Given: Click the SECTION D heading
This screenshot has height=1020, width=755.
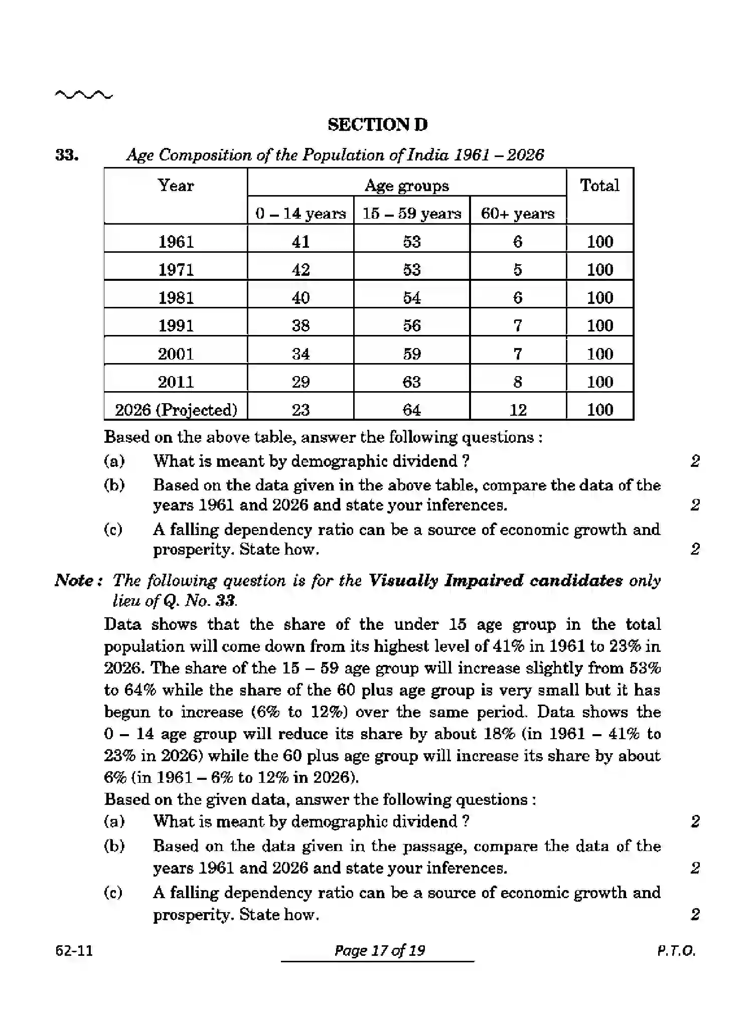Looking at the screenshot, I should tap(377, 124).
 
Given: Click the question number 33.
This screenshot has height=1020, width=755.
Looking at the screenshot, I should tap(67, 155).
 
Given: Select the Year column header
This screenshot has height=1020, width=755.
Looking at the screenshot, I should tap(175, 186).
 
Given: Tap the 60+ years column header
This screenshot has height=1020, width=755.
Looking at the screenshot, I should tap(517, 214).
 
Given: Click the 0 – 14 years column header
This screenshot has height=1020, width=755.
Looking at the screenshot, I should tap(300, 214).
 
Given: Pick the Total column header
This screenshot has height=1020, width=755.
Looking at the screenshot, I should tap(599, 186).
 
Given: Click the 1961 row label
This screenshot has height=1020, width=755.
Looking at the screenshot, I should tap(176, 242).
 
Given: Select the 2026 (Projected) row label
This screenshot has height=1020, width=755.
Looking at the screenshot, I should tap(176, 410).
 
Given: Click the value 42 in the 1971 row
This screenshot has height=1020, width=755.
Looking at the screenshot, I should tap(300, 270).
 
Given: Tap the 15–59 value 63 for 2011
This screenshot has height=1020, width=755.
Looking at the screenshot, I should tap(411, 382).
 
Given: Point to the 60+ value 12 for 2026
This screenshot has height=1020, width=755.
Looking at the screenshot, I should tap(518, 410).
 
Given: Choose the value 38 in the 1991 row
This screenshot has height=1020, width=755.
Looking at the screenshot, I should tap(300, 325).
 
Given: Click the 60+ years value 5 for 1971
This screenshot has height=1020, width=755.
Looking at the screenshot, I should tap(518, 270).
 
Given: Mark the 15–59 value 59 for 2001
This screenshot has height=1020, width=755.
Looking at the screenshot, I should tap(411, 354).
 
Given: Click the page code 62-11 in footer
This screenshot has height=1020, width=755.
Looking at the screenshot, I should tap(74, 950).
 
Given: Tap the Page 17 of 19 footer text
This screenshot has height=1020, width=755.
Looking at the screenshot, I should tap(379, 950).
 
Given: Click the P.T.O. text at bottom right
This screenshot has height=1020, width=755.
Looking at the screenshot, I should tap(676, 950).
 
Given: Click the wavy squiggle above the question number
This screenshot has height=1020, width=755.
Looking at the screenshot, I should tap(84, 94).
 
